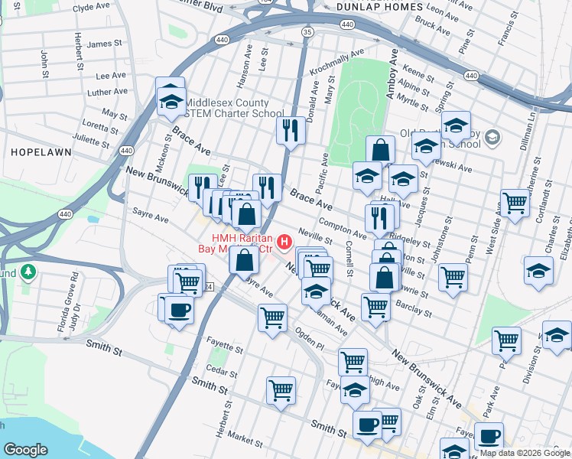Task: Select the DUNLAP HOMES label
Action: point(379,7)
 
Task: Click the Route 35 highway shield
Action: point(307,32)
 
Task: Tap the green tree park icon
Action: point(28,272)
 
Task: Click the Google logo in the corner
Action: point(25,450)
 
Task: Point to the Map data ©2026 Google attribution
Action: point(525,453)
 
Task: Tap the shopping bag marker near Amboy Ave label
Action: point(380,150)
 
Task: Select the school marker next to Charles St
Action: point(538,270)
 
